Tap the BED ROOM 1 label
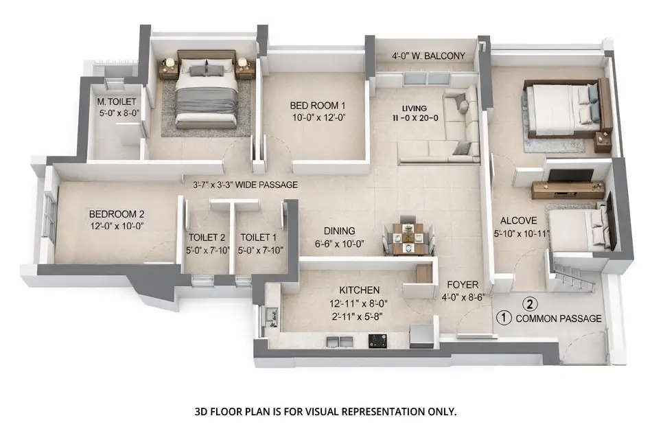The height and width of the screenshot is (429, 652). pos(317,106)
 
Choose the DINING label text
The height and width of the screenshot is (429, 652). pos(340,231)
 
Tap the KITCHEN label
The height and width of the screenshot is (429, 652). pos(353,291)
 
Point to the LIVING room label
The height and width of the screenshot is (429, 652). pos(415,108)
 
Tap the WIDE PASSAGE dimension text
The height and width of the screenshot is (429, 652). pos(245,185)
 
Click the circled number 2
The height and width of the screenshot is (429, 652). pos(530,302)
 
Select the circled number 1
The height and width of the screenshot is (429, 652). pos(504,318)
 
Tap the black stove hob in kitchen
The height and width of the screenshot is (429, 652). pos(378,338)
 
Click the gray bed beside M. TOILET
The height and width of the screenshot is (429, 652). pos(206,93)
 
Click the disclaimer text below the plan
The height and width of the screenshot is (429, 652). pos(326,412)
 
